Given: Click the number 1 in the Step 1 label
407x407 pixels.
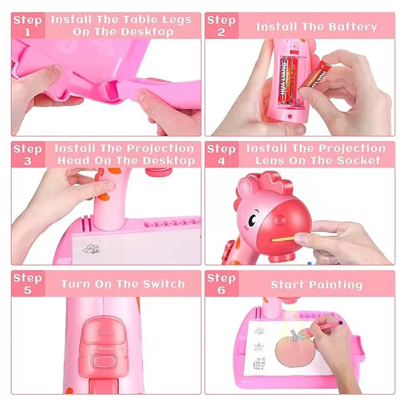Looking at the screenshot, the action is (x=28, y=32).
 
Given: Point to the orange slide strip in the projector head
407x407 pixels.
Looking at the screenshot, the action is (x=282, y=238).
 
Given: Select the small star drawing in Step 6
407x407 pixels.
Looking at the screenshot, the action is (x=259, y=346).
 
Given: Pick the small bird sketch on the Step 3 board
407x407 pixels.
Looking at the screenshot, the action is (x=92, y=249).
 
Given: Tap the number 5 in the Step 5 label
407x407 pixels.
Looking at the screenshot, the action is (x=28, y=290).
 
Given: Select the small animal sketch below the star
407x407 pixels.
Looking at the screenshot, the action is (x=259, y=363).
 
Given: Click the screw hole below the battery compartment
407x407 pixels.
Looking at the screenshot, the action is (x=290, y=117).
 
